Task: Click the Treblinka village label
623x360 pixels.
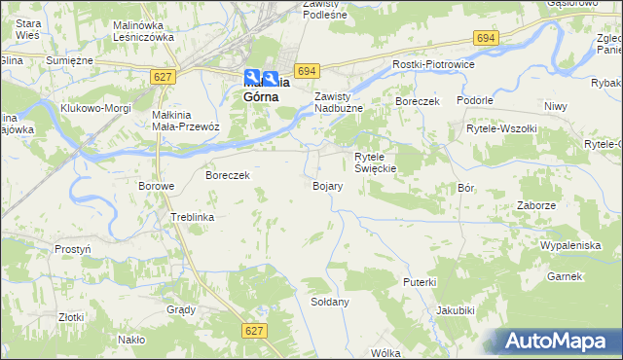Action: [x=192, y=217]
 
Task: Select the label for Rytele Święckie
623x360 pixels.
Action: [x=376, y=162]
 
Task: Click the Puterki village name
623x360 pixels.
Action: [x=420, y=281]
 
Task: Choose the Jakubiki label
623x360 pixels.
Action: [x=456, y=310]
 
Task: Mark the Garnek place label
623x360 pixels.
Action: [x=564, y=276]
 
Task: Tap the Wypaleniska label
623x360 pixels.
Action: [x=570, y=245]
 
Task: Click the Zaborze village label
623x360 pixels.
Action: [x=536, y=206]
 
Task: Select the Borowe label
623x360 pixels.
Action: [x=156, y=186]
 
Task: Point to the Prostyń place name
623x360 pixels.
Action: [x=73, y=249]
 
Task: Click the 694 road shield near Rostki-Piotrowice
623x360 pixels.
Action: [x=487, y=37]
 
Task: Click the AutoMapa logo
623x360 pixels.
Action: [x=558, y=341]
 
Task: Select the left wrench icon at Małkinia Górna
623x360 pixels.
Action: [x=253, y=79]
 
